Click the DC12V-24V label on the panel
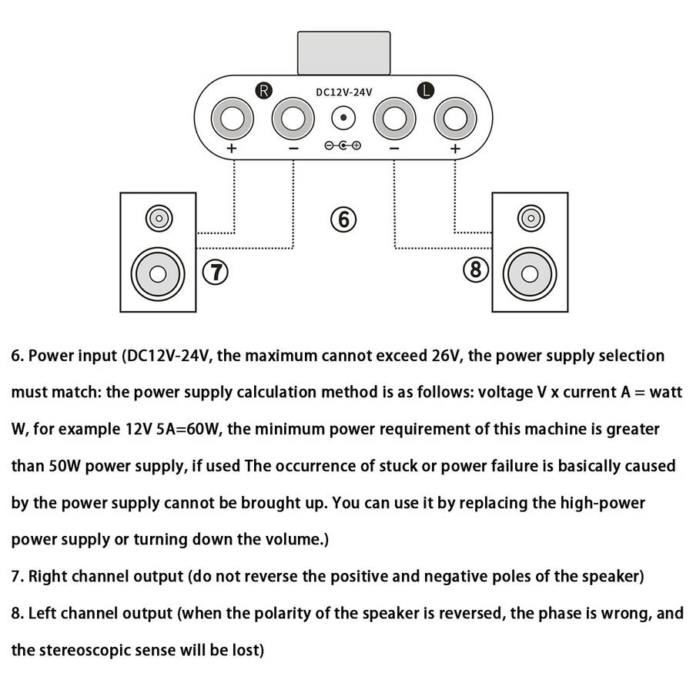click(x=343, y=92)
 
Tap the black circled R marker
click(x=263, y=91)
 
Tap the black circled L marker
click(x=425, y=91)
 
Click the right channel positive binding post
click(x=232, y=119)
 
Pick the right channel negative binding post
click(x=293, y=119)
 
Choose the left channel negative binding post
click(x=393, y=119)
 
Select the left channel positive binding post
click(x=454, y=119)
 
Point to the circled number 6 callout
click(x=344, y=219)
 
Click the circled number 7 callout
click(x=216, y=270)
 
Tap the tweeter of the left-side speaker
click(x=158, y=219)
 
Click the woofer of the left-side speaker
click(x=158, y=273)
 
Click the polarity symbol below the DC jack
click(x=343, y=146)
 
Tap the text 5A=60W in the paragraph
click(x=186, y=430)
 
